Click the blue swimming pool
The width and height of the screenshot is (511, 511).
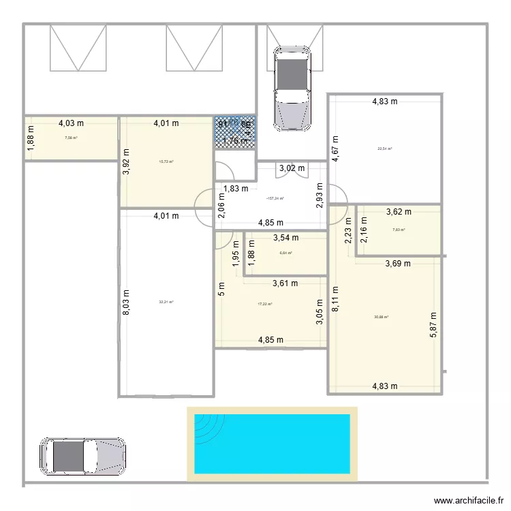(273, 443)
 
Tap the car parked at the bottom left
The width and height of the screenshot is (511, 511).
(82, 456)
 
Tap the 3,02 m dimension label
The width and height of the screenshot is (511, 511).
(292, 168)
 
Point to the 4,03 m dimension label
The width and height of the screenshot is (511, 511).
(71, 123)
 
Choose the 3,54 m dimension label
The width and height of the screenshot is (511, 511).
(285, 238)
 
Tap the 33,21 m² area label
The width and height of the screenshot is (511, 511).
(166, 303)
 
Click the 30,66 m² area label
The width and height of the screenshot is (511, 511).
(381, 317)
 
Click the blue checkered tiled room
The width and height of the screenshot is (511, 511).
(235, 133)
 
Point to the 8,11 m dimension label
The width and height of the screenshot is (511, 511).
(335, 298)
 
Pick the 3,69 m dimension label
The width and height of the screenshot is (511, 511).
(398, 263)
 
